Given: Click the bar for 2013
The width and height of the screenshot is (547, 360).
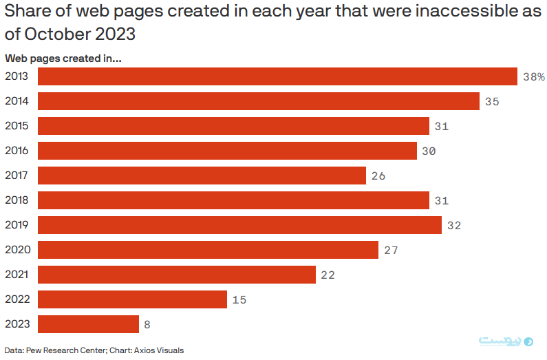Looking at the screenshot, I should point(277,76).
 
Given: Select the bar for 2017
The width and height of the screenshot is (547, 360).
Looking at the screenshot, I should point(202,176).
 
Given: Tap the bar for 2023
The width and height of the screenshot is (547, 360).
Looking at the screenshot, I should point(88,324).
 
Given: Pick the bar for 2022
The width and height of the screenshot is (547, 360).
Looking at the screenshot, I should point(132,299).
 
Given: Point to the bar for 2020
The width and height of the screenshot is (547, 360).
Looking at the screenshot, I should point(208,250).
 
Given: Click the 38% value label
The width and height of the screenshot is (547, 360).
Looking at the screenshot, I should point(533,77).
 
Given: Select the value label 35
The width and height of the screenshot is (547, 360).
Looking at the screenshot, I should point(491,102).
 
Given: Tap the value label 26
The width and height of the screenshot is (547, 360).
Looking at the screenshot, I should point(378,176).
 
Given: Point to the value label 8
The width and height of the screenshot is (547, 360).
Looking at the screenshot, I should point(147,325).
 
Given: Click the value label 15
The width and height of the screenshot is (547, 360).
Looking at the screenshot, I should point(239,300).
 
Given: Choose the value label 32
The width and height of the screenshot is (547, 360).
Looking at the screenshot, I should point(453,226).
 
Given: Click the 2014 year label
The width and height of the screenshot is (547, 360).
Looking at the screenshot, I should point(17,101).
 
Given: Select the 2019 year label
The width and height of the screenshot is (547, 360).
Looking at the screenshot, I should point(17,225).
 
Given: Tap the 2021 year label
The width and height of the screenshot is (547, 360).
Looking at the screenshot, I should point(17,275).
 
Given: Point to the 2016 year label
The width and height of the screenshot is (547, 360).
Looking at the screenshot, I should point(17,151).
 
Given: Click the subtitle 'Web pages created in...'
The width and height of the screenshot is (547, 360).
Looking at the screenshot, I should point(63,59).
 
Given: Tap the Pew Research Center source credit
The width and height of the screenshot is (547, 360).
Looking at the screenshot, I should point(67,350).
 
